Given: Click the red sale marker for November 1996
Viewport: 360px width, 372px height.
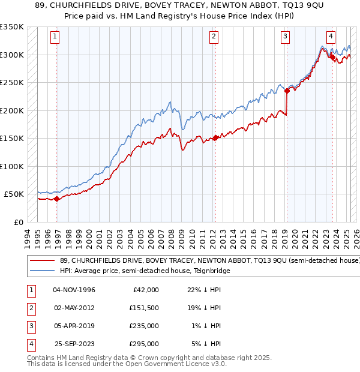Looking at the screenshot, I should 56,199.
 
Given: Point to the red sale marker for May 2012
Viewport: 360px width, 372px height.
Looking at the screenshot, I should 215,138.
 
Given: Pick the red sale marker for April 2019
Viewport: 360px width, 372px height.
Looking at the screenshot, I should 286,91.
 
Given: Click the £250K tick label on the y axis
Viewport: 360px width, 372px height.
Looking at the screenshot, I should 12,83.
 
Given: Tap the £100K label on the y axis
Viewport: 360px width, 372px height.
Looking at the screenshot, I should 12,166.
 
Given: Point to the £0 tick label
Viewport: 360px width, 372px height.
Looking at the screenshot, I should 18,222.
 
